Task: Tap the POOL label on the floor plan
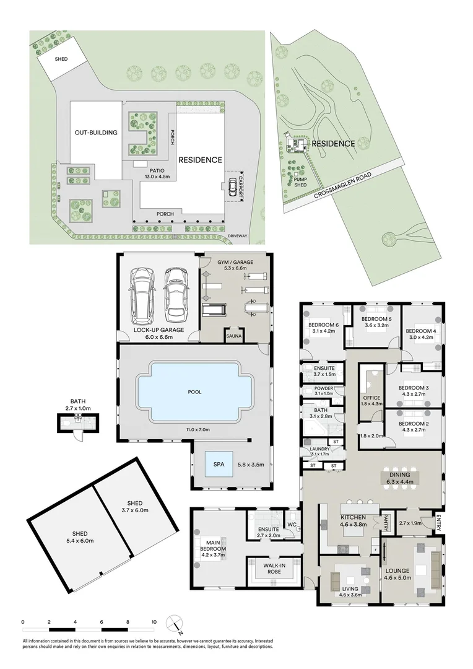click(195, 391)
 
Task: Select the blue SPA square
click(219, 464)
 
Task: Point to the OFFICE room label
click(371, 398)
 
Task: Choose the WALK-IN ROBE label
click(273, 568)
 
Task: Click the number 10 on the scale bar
click(154, 621)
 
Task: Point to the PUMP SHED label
click(301, 182)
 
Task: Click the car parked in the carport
click(232, 186)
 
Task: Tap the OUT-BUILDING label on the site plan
click(96, 132)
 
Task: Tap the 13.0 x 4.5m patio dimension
click(155, 177)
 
